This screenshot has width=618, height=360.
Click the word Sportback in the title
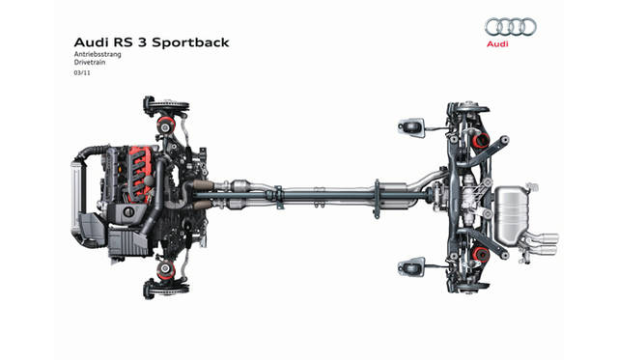(190, 42)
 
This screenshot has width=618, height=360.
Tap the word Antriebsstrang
(98, 54)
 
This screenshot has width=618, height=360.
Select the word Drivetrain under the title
(90, 62)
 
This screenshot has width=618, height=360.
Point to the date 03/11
(82, 72)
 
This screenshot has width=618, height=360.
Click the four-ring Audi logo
(511, 27)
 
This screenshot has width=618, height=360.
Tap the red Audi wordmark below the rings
(497, 44)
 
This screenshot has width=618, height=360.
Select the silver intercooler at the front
(75, 196)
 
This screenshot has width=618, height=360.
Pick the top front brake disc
(170, 107)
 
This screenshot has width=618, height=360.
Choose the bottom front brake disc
(170, 289)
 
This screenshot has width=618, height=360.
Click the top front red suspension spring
(166, 125)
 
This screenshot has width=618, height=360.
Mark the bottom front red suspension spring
(166, 270)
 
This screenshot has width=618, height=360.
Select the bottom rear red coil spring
(481, 255)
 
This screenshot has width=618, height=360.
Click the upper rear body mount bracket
(411, 127)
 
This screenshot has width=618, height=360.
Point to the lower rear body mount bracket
(411, 267)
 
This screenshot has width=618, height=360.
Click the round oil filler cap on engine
(128, 212)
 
